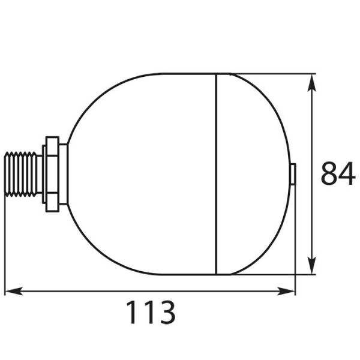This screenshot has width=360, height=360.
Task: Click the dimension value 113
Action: (150, 313)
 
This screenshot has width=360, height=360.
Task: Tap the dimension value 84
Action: (338, 173)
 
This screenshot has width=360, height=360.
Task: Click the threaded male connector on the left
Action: (22, 174)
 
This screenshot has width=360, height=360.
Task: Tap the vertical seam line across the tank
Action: (216, 174)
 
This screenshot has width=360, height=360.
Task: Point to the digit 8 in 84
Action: (329, 173)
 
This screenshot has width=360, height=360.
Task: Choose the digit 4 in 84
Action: (347, 173)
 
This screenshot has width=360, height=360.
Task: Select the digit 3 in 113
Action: (166, 313)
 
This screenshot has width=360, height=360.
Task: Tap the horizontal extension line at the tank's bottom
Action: (270, 275)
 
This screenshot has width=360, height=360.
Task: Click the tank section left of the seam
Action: (144, 174)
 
